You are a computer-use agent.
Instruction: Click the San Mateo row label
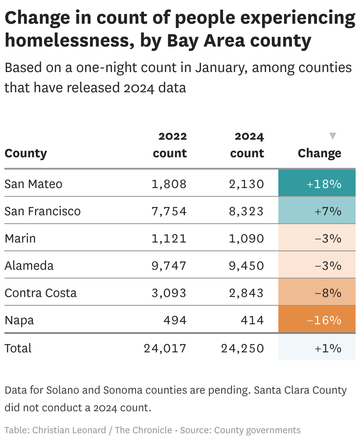click(x=33, y=184)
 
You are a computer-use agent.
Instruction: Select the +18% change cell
click(x=317, y=184)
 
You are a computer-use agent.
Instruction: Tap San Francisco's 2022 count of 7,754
click(x=169, y=211)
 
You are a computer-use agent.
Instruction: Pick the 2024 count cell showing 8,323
click(x=246, y=211)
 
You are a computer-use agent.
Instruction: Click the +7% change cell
click(x=317, y=211)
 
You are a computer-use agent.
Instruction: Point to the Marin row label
click(x=20, y=238)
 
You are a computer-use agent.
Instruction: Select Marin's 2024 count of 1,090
click(x=246, y=238)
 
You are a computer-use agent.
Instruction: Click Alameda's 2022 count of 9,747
click(x=169, y=265)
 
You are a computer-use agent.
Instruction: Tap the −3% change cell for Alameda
click(x=317, y=265)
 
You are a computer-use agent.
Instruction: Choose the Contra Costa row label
click(x=40, y=293)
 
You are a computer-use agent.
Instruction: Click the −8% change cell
click(x=317, y=293)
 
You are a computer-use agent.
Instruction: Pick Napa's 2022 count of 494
click(x=175, y=320)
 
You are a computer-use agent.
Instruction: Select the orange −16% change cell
click(x=317, y=320)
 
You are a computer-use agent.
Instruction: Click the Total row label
click(x=18, y=348)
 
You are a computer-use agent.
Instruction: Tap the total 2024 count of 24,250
click(x=242, y=348)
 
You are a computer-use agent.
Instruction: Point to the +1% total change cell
click(x=317, y=348)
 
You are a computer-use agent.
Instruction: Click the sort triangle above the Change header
click(x=333, y=136)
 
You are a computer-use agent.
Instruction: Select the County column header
click(x=25, y=153)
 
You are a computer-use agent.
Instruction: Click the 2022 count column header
click(x=170, y=145)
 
